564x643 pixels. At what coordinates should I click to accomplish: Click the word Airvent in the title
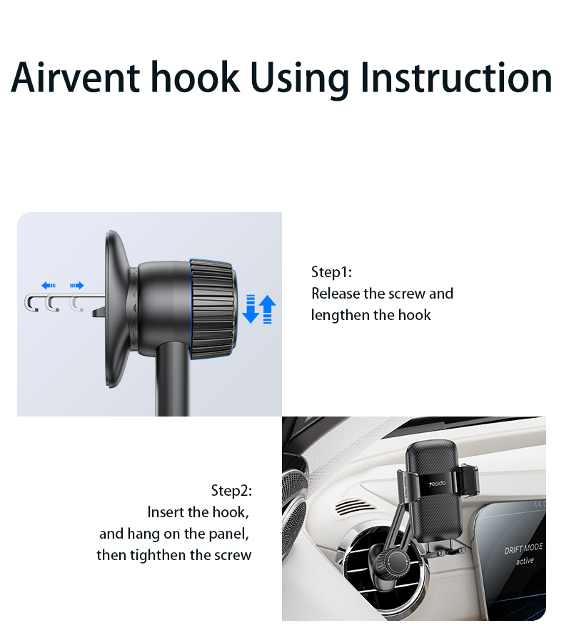(76, 77)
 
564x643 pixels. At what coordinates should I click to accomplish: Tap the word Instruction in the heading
(457, 77)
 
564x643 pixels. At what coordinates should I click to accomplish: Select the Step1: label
(331, 272)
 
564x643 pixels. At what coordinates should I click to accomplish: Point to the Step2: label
(231, 490)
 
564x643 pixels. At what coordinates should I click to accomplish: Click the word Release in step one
(336, 294)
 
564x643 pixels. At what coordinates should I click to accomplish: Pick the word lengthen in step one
(341, 315)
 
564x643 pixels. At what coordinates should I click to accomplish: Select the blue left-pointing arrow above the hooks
(49, 285)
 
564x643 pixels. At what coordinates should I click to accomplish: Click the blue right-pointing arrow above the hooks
(76, 285)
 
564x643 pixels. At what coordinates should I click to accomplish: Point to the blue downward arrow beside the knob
(251, 309)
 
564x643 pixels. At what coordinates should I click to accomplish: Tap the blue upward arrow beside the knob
(267, 309)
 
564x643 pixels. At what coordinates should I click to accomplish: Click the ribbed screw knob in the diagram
(213, 309)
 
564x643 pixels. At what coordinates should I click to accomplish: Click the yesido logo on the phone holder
(438, 484)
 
